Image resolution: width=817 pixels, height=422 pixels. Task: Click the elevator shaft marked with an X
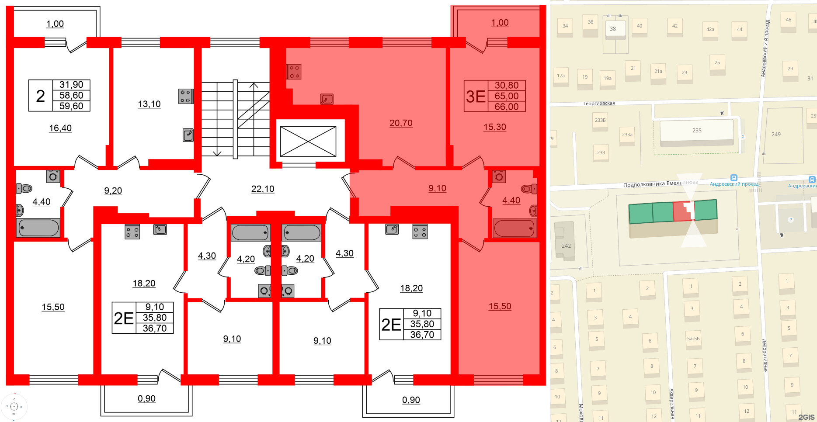tap(308, 141)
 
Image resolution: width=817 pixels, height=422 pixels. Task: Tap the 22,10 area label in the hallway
tap(263, 189)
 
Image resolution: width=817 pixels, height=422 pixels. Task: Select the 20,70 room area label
tap(401, 123)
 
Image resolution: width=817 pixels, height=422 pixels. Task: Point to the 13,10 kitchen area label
tap(149, 104)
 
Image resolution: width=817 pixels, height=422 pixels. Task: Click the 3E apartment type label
tap(476, 96)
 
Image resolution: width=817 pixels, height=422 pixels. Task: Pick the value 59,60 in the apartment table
tap(71, 106)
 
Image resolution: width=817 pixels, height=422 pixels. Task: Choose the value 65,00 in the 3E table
tap(507, 96)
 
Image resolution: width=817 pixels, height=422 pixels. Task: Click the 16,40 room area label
tap(60, 128)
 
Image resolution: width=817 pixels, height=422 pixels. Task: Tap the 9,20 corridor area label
tap(113, 190)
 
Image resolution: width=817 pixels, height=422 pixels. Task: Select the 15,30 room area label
tap(494, 127)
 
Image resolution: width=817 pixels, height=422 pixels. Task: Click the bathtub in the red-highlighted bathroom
tap(514, 228)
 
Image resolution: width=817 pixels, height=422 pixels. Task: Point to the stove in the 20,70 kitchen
tap(294, 72)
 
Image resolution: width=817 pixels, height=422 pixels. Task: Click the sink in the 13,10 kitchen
tap(188, 135)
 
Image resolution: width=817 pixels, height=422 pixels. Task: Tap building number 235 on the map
tap(697, 131)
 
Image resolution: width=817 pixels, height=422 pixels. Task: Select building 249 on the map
tap(776, 135)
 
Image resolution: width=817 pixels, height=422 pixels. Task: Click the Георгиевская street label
tap(599, 104)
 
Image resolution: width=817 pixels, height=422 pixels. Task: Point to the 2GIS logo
tap(806, 417)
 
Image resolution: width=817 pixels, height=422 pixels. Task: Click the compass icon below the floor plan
tap(14, 407)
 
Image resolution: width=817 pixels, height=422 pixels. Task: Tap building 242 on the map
tap(566, 246)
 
